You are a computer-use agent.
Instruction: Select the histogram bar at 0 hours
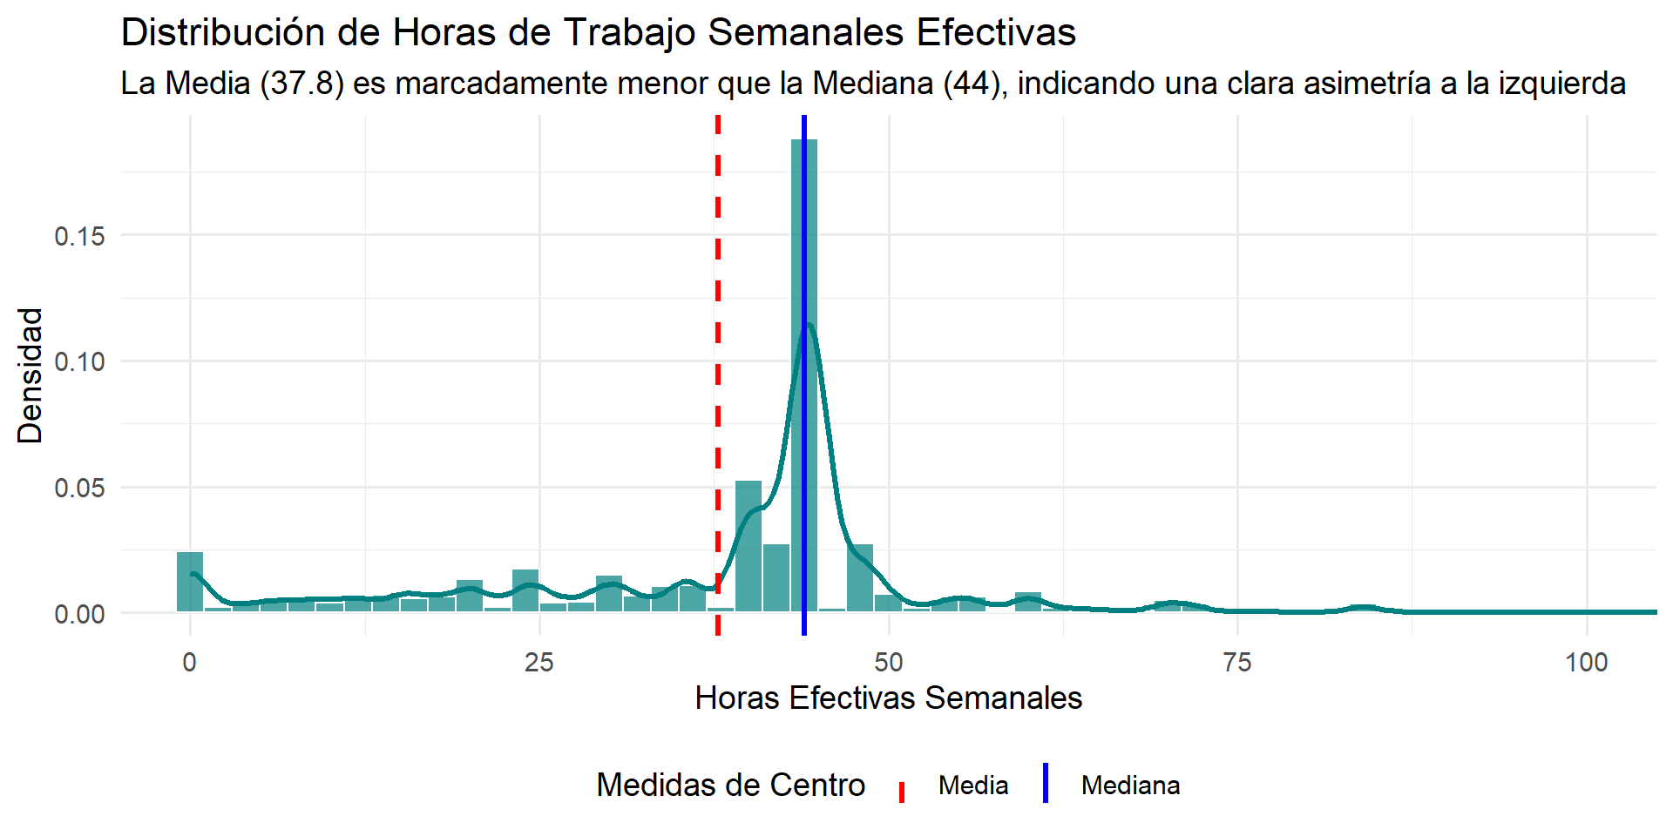190,582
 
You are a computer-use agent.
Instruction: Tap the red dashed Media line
718,261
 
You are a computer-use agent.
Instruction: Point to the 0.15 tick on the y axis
79,236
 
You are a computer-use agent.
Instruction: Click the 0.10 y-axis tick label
79,361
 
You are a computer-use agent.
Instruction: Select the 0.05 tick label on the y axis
79,488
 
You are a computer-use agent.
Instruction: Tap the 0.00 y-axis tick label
79,614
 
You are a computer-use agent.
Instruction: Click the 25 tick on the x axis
539,663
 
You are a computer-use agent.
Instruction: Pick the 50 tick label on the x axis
889,663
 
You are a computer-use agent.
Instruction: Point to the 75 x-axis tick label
1237,663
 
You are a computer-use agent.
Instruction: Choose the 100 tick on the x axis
1586,663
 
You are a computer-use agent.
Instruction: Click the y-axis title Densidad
30,375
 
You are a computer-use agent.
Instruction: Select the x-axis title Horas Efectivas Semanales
888,698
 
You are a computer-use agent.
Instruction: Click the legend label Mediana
1130,785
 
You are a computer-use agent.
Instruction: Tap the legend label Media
973,785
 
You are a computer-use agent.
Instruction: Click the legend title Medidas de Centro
730,785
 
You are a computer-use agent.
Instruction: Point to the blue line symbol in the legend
1045,784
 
